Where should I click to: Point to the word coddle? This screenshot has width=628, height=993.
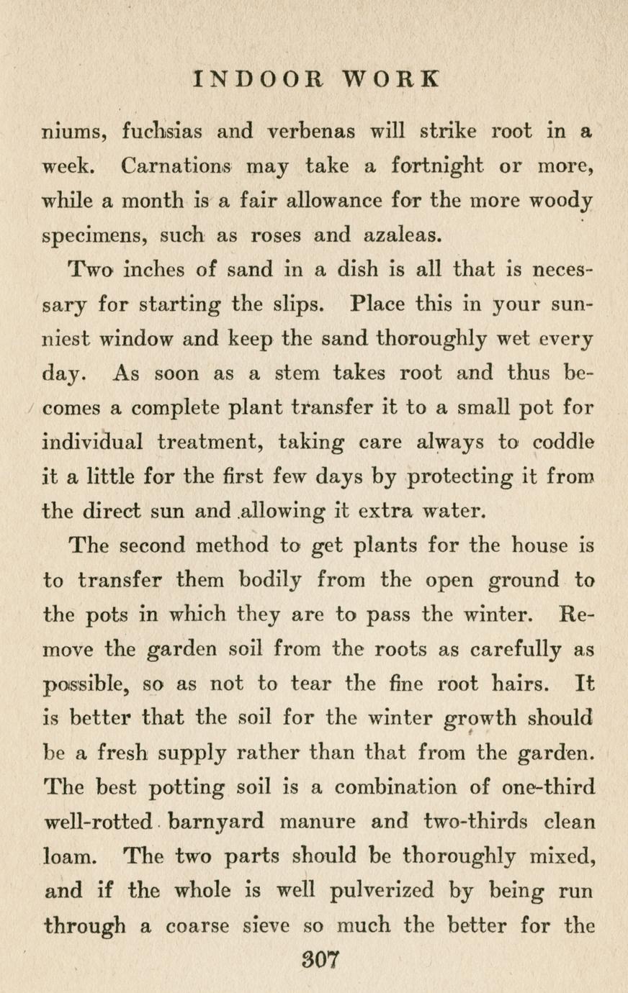[564, 443]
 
